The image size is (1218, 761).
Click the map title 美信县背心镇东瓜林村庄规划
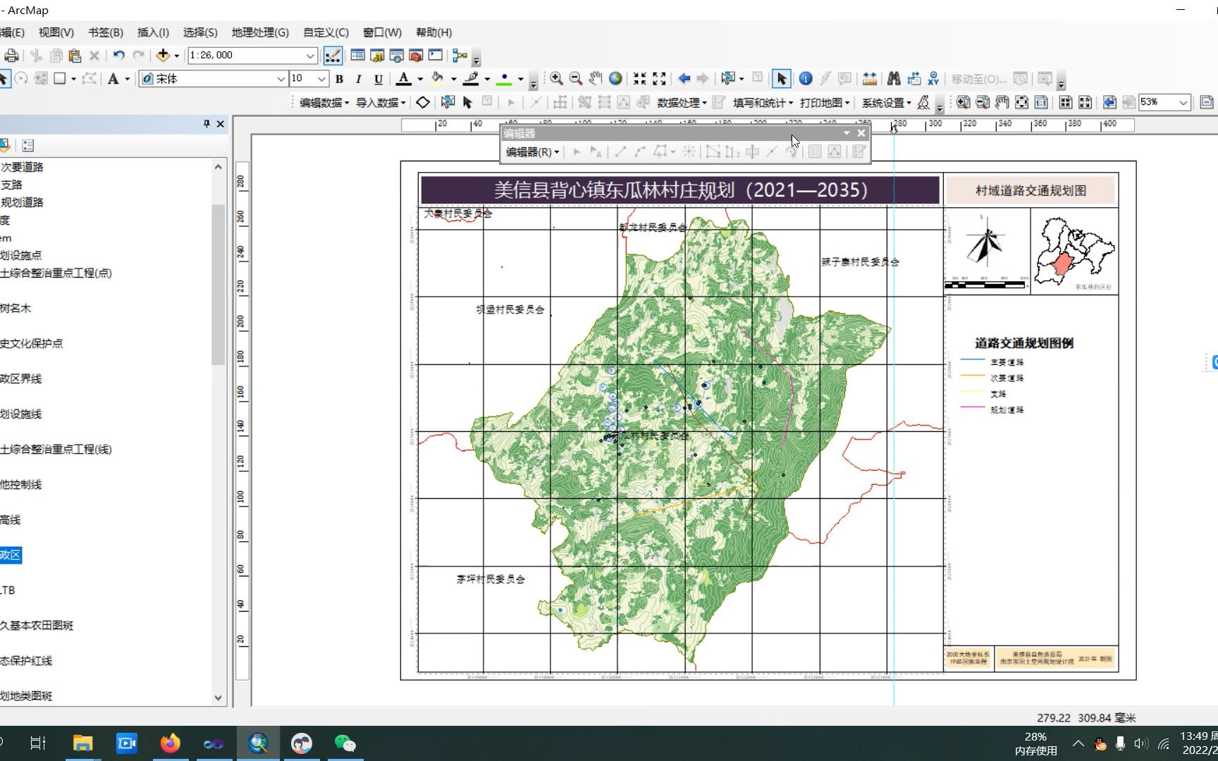click(679, 190)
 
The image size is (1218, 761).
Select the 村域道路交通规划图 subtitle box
click(1030, 191)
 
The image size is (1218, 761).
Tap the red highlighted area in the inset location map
click(1062, 266)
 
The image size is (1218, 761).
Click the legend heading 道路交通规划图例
click(1023, 343)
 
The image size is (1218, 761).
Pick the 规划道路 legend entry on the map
click(1007, 409)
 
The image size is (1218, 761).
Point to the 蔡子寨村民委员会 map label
click(860, 262)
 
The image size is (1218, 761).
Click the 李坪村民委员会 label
click(491, 579)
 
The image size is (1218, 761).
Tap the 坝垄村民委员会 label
click(510, 309)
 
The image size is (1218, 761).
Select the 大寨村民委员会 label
click(458, 213)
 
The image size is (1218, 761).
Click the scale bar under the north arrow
click(985, 285)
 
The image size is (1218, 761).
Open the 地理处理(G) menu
click(259, 32)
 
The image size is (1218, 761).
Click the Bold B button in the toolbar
click(339, 79)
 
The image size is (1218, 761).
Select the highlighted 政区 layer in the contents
click(11, 555)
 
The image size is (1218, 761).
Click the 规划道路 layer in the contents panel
click(22, 202)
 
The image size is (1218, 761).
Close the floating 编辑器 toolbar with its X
click(861, 133)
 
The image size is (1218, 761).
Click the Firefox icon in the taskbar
click(170, 743)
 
